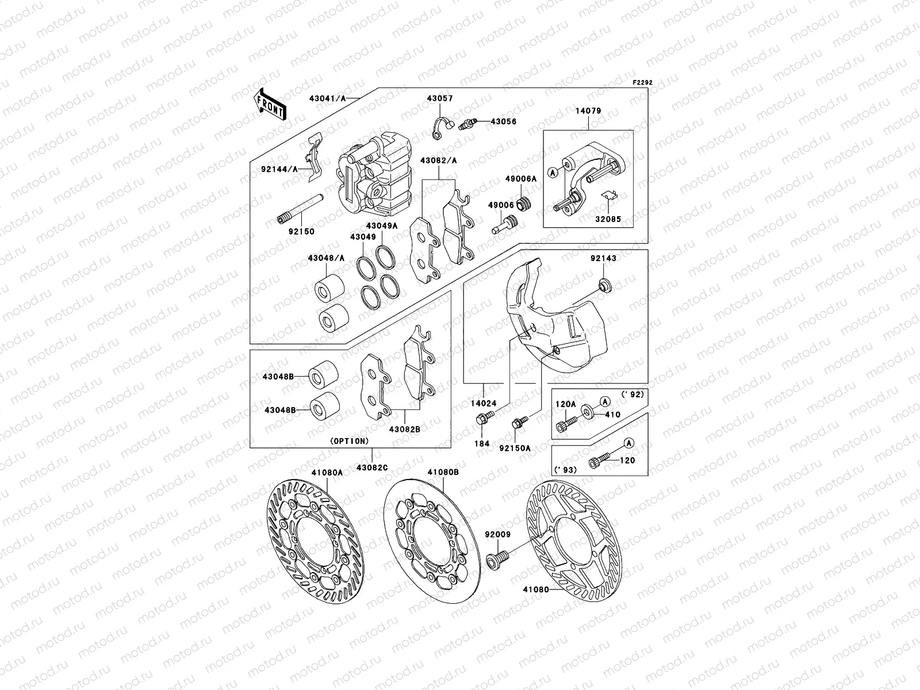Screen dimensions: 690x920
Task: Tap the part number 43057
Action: click(440, 98)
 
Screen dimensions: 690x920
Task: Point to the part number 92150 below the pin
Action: click(302, 232)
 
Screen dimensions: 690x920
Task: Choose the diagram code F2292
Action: click(643, 83)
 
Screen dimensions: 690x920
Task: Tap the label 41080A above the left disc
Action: click(327, 472)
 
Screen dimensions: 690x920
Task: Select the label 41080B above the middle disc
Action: click(443, 472)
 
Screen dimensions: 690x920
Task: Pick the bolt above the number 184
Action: click(482, 421)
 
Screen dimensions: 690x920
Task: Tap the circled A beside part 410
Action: click(605, 400)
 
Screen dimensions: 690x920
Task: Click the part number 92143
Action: click(603, 259)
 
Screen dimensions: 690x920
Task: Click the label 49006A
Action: click(520, 179)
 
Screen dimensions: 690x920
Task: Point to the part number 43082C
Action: click(371, 467)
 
